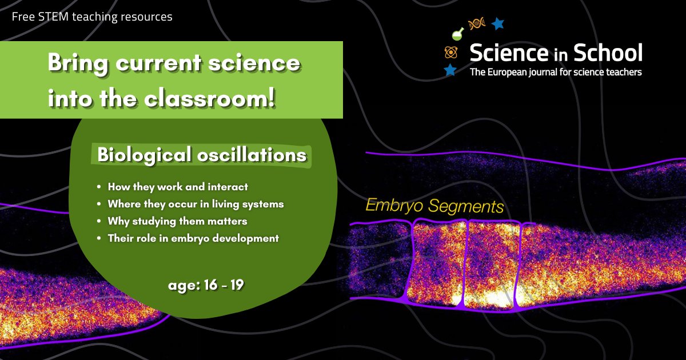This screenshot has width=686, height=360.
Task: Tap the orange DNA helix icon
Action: click(x=476, y=23)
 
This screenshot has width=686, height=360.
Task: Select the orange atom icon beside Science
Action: click(x=451, y=53)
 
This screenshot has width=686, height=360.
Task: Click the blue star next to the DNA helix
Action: click(x=498, y=23)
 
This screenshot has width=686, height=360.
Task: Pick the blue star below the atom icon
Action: click(x=450, y=70)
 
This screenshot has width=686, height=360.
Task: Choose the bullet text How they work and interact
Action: click(x=178, y=187)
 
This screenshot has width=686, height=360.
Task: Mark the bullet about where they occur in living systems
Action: click(x=196, y=204)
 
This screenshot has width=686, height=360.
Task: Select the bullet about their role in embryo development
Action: click(x=193, y=238)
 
